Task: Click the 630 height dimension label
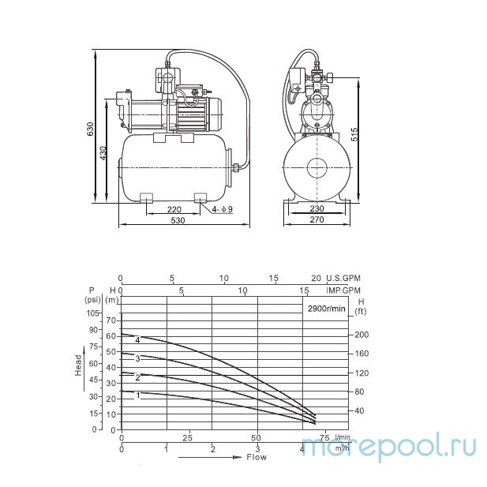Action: click(x=90, y=129)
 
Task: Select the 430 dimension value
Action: click(x=103, y=153)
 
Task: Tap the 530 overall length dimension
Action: click(x=178, y=220)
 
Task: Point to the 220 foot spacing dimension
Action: click(x=174, y=209)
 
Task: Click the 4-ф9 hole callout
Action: click(x=223, y=209)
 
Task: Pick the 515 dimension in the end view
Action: click(x=354, y=134)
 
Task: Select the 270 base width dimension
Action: click(x=317, y=219)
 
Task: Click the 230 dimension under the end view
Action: click(x=317, y=208)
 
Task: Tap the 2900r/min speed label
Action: click(x=327, y=309)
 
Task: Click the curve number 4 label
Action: click(x=137, y=339)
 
